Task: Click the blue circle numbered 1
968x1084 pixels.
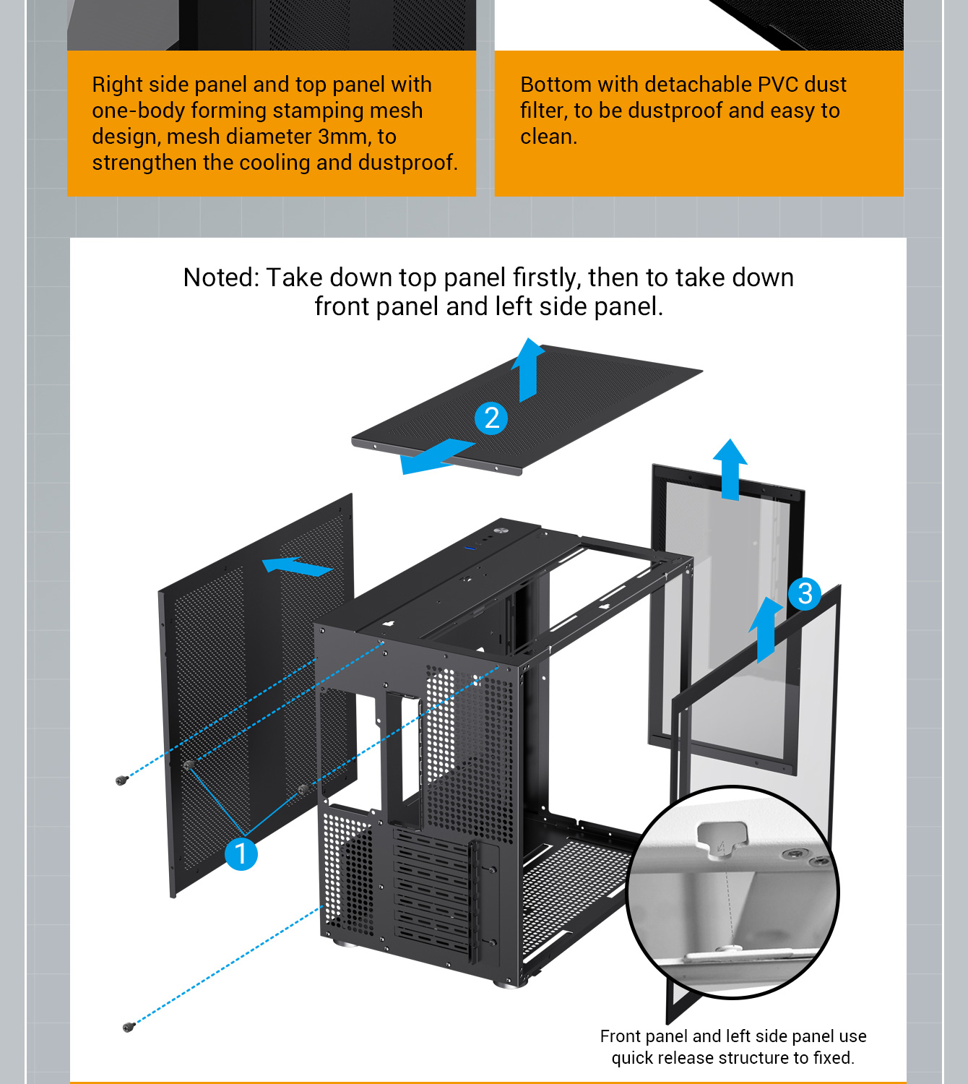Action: point(241,853)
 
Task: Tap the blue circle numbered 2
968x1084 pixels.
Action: point(491,418)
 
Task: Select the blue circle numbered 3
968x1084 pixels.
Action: point(805,593)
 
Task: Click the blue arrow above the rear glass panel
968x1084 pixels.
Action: point(730,468)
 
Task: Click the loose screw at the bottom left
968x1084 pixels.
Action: point(129,1027)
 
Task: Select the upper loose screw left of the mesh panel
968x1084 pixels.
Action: point(121,780)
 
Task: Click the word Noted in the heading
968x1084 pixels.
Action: point(220,278)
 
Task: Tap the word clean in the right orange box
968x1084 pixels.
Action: point(547,137)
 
